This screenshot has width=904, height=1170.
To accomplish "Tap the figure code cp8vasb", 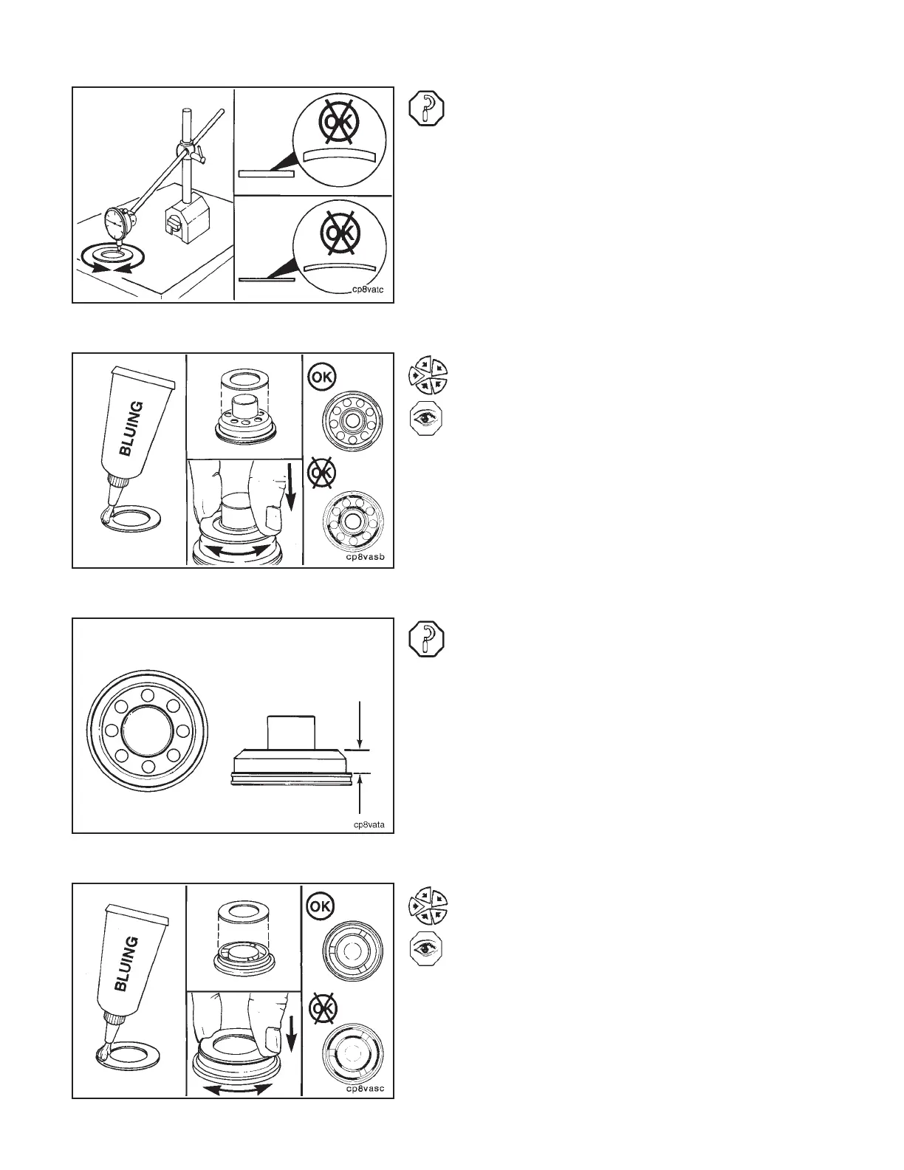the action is click(x=365, y=558).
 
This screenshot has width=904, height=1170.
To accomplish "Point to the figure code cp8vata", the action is click(x=368, y=824).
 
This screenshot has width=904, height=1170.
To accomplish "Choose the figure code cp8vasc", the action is click(x=365, y=1088).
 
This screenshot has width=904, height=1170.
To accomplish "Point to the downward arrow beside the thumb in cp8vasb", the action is click(x=291, y=493).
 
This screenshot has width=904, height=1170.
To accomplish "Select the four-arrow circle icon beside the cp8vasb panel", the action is click(x=428, y=374).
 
